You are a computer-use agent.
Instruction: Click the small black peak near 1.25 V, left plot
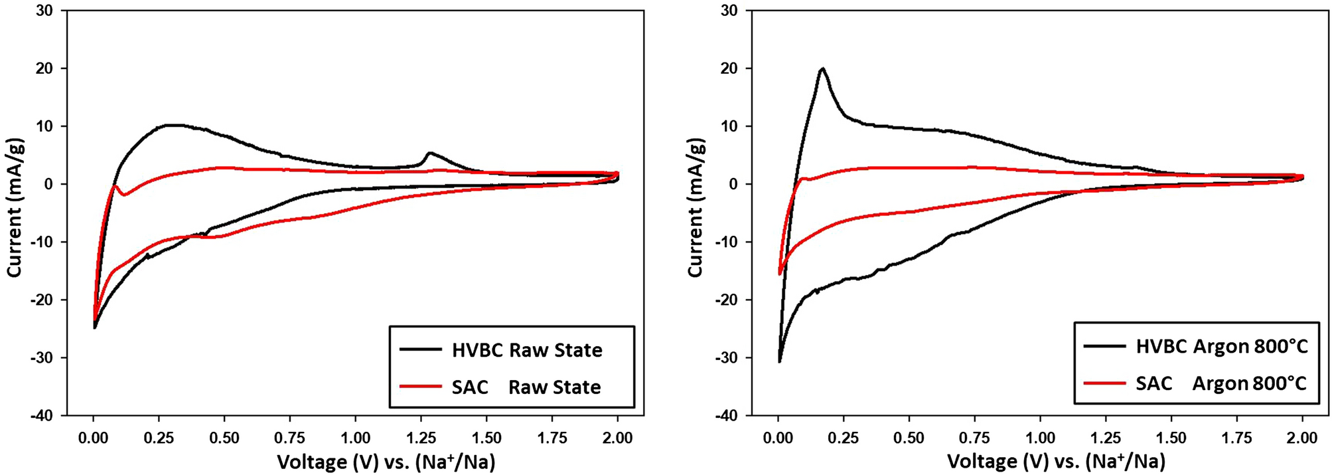pos(430,153)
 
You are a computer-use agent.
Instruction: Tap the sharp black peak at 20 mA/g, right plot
pos(823,68)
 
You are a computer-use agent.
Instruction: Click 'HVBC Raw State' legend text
pos(527,350)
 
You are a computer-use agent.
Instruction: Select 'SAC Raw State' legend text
pos(526,387)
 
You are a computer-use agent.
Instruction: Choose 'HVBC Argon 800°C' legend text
pos(1222,346)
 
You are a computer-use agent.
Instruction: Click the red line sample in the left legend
pos(420,386)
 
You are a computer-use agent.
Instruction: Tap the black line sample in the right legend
pos(1104,346)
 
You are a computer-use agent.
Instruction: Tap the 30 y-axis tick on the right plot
pos(729,11)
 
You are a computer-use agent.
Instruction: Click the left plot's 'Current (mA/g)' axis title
pos(16,207)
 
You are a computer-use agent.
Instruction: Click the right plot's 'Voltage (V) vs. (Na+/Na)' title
pos(1056,461)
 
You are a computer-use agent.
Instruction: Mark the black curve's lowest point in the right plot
pos(779,361)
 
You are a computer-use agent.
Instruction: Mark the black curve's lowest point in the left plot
pos(95,328)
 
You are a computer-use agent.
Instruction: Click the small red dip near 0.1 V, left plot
pos(124,194)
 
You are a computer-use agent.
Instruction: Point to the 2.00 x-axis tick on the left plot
pos(617,437)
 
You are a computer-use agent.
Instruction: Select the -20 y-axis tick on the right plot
pos(726,300)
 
